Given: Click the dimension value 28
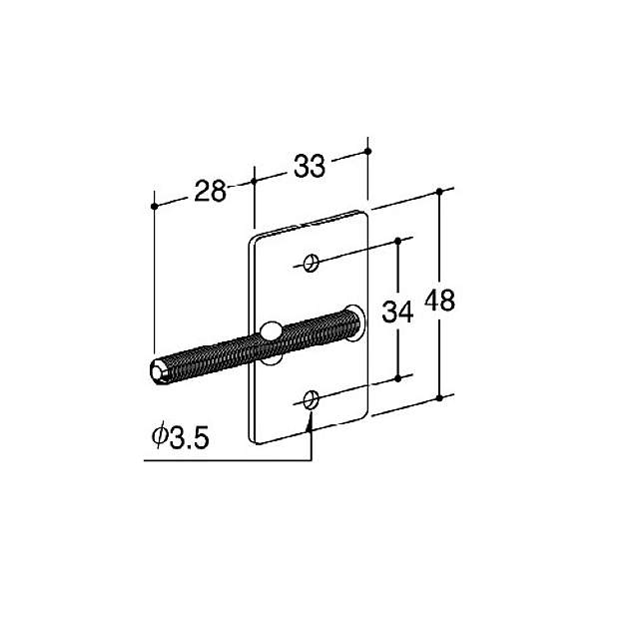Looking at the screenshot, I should point(210,192).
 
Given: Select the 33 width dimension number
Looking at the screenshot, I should point(311,167).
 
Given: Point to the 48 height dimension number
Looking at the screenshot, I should point(439,300).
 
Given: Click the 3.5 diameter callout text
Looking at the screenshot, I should point(189,436).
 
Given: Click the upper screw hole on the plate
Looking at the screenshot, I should point(313,263).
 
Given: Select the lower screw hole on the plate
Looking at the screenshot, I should point(313,399).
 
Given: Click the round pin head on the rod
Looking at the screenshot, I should point(271,331).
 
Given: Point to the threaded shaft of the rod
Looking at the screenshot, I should point(220,349).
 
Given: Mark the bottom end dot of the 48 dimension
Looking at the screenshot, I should point(439,398).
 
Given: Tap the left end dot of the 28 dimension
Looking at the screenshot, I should point(154,206).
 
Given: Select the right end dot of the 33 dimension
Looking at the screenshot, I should point(368,151).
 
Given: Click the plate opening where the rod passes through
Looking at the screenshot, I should point(352,314).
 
